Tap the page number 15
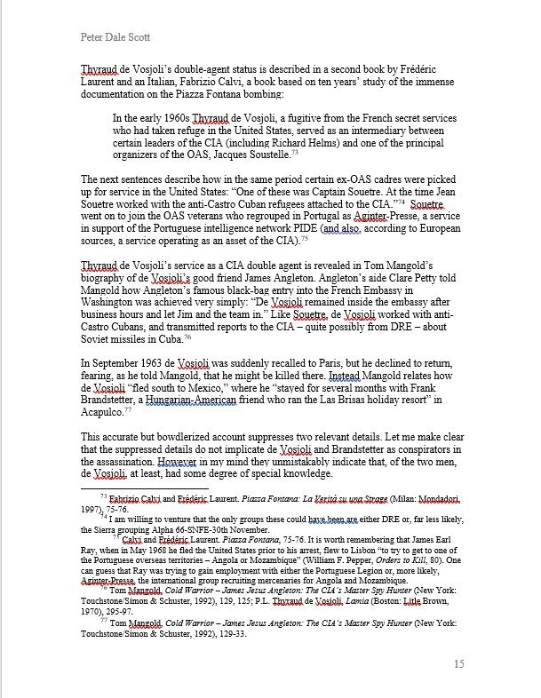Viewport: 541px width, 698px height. click(x=458, y=664)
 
